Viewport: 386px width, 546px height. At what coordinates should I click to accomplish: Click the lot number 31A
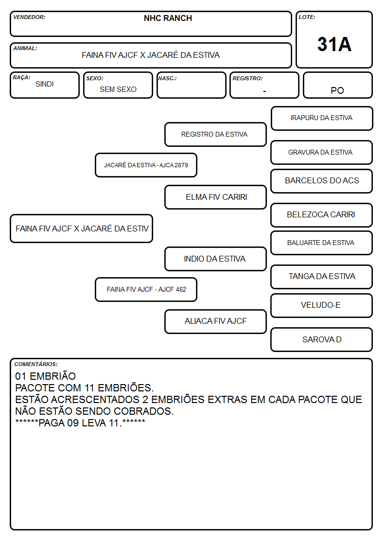point(334,44)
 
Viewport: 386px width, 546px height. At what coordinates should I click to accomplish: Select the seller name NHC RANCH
point(168,18)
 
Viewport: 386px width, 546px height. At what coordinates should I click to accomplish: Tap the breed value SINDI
point(45,84)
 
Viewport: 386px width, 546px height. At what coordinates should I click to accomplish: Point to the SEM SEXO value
point(118,89)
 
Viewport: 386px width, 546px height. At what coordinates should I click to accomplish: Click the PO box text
point(337,90)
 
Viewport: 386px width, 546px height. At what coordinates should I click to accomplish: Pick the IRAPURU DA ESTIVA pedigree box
point(322,119)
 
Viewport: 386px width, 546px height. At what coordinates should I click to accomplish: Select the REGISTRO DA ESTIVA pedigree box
point(215,134)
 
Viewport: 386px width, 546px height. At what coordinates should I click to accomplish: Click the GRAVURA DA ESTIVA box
point(322,153)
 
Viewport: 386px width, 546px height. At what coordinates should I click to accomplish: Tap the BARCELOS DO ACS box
point(322,181)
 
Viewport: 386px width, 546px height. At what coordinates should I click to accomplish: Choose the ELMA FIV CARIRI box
point(215,197)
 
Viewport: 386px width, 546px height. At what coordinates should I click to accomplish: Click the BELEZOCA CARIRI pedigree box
point(322,215)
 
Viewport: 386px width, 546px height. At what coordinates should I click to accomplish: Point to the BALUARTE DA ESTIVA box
point(322,243)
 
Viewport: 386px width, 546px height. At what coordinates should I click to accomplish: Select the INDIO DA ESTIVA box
point(215,259)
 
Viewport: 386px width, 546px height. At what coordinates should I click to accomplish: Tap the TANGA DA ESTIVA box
point(322,277)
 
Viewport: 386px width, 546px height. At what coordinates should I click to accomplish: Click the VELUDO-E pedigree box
point(322,305)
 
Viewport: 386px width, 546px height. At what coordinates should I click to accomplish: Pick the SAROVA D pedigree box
point(322,339)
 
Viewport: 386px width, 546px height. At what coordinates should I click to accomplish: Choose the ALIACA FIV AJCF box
point(215,321)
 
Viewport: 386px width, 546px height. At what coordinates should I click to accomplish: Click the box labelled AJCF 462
point(146,289)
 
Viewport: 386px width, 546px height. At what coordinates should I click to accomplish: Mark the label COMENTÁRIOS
point(36,364)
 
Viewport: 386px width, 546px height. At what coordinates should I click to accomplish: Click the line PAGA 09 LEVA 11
point(80,423)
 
